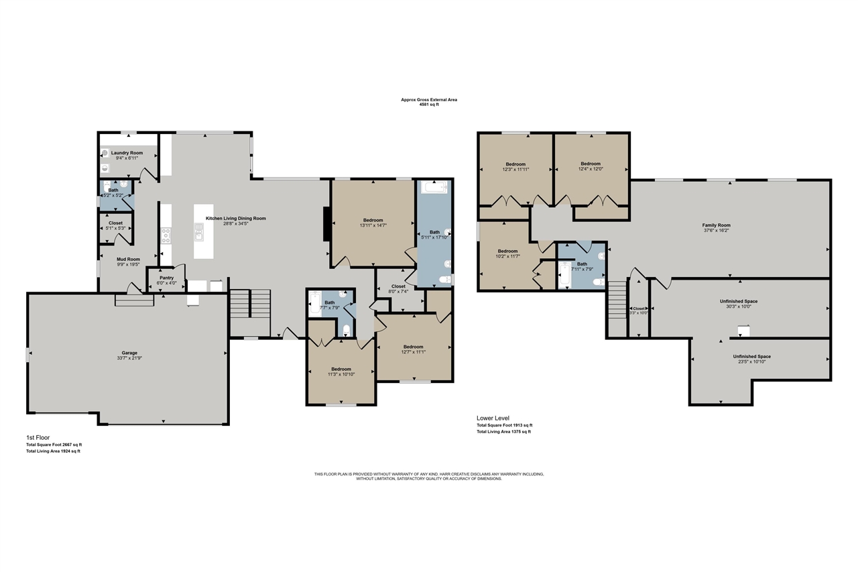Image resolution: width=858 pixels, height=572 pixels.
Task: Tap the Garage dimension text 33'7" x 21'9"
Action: point(129,358)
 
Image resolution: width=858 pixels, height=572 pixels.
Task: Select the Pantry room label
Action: point(166,278)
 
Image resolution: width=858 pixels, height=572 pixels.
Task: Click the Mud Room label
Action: point(128,259)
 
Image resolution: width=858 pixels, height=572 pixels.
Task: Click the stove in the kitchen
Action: point(166,235)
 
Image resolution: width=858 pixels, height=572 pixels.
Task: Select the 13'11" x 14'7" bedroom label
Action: point(373,221)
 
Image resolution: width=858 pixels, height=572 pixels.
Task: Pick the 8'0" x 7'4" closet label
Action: point(397,286)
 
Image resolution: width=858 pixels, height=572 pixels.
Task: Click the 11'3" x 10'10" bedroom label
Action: point(341,369)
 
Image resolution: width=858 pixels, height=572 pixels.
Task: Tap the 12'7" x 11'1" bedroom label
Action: point(413,347)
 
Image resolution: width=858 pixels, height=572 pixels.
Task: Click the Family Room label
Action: point(716,225)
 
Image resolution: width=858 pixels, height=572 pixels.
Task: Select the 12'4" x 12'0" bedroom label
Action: point(591,164)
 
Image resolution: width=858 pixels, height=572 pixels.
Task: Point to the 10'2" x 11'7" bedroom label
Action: point(507,251)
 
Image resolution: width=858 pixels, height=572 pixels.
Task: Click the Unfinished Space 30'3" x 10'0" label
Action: point(739,302)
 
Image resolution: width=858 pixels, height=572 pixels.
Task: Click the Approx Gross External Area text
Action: point(429,100)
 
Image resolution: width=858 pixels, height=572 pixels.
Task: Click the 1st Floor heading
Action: point(38,437)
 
